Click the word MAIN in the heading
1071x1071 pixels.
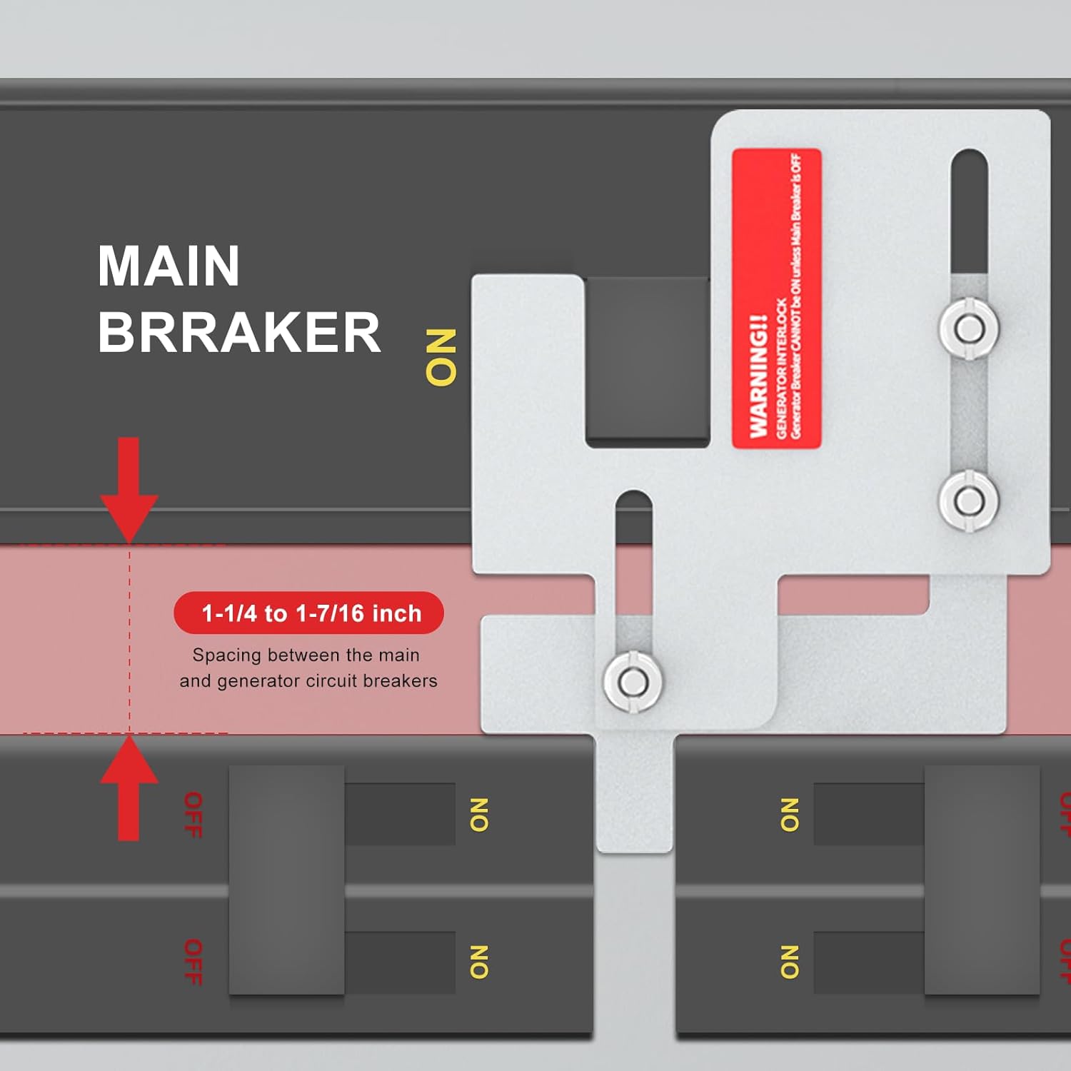(169, 266)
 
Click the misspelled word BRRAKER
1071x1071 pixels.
(239, 333)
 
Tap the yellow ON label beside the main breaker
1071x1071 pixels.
(441, 357)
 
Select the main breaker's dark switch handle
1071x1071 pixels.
(647, 361)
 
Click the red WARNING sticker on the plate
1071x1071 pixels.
(776, 298)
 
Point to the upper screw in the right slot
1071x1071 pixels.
(968, 328)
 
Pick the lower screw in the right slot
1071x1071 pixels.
(968, 501)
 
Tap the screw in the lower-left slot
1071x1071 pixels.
(631, 681)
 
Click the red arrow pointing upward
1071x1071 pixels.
(129, 788)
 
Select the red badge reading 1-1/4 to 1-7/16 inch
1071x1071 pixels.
(308, 613)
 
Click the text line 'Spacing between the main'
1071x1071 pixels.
(306, 655)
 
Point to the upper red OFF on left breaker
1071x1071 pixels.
(193, 815)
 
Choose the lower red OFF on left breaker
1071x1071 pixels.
(193, 962)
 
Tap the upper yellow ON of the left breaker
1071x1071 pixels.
(478, 815)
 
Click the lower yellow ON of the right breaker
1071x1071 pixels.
(789, 962)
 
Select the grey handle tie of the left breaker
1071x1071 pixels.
(286, 880)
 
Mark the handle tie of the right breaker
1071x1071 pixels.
(982, 880)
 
